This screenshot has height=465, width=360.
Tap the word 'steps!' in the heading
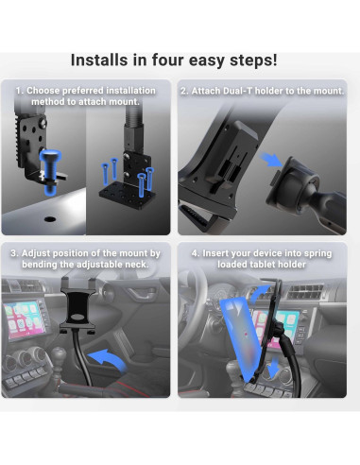pyautogui.click(x=253, y=60)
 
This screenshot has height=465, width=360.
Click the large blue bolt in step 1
pyautogui.click(x=50, y=172)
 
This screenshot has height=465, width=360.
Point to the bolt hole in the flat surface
pyautogui.click(x=50, y=218)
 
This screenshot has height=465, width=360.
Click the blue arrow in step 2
pyautogui.click(x=271, y=159)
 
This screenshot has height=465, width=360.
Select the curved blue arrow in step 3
pyautogui.click(x=108, y=361)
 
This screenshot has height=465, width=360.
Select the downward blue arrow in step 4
pyautogui.click(x=273, y=367)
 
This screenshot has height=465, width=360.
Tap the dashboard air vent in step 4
pyautogui.click(x=305, y=292)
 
